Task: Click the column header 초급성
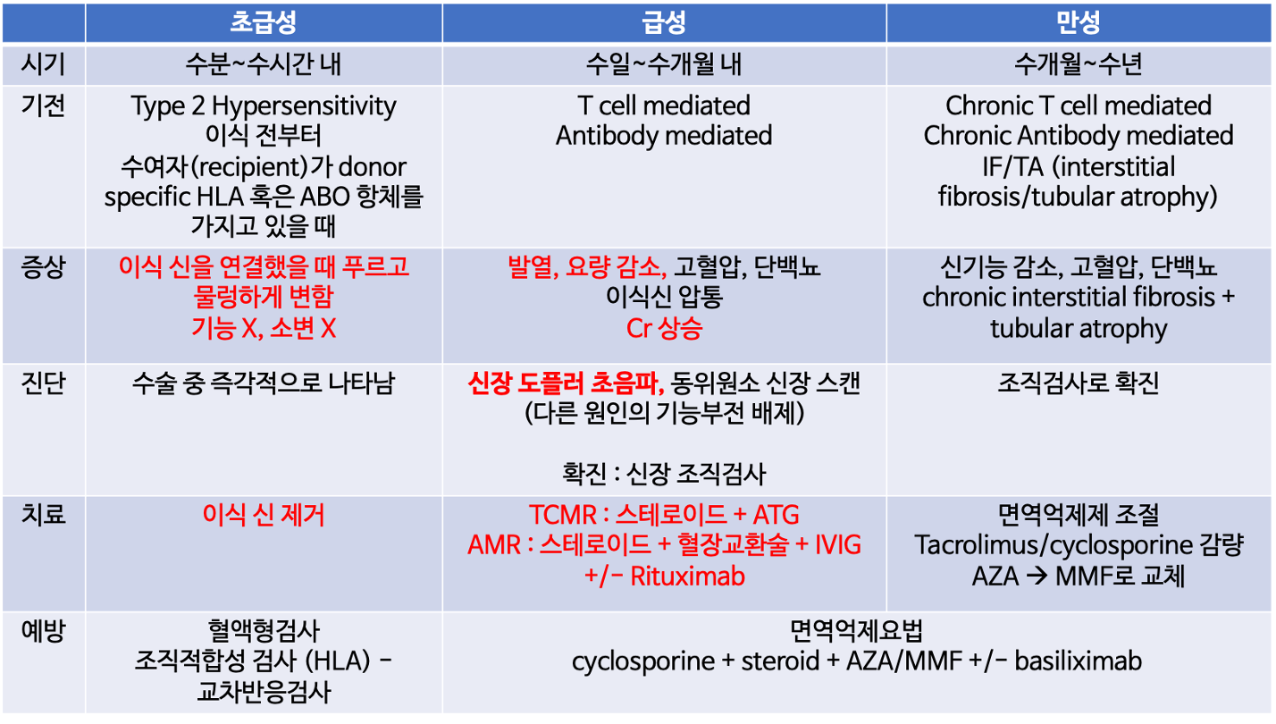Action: coord(264,22)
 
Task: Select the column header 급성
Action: coord(664,22)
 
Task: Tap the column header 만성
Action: coord(1078,22)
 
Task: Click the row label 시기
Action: coord(43,63)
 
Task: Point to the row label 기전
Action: coord(43,105)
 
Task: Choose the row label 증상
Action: coord(43,267)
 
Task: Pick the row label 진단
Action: coord(43,383)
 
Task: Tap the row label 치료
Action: coord(43,514)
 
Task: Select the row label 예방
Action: coord(43,630)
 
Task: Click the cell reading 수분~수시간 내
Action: coord(264,63)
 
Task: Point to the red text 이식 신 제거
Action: coord(264,515)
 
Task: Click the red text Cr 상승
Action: coord(664,329)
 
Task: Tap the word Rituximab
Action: coord(687,577)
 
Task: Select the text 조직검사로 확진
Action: coord(1079,383)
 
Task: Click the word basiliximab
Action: coord(1079,661)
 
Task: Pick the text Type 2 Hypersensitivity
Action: coord(264,106)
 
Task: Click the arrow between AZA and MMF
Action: coord(1037,577)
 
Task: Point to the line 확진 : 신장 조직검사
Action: coord(664,474)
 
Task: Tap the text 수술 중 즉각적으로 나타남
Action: coord(264,383)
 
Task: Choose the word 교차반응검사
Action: coord(264,692)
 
